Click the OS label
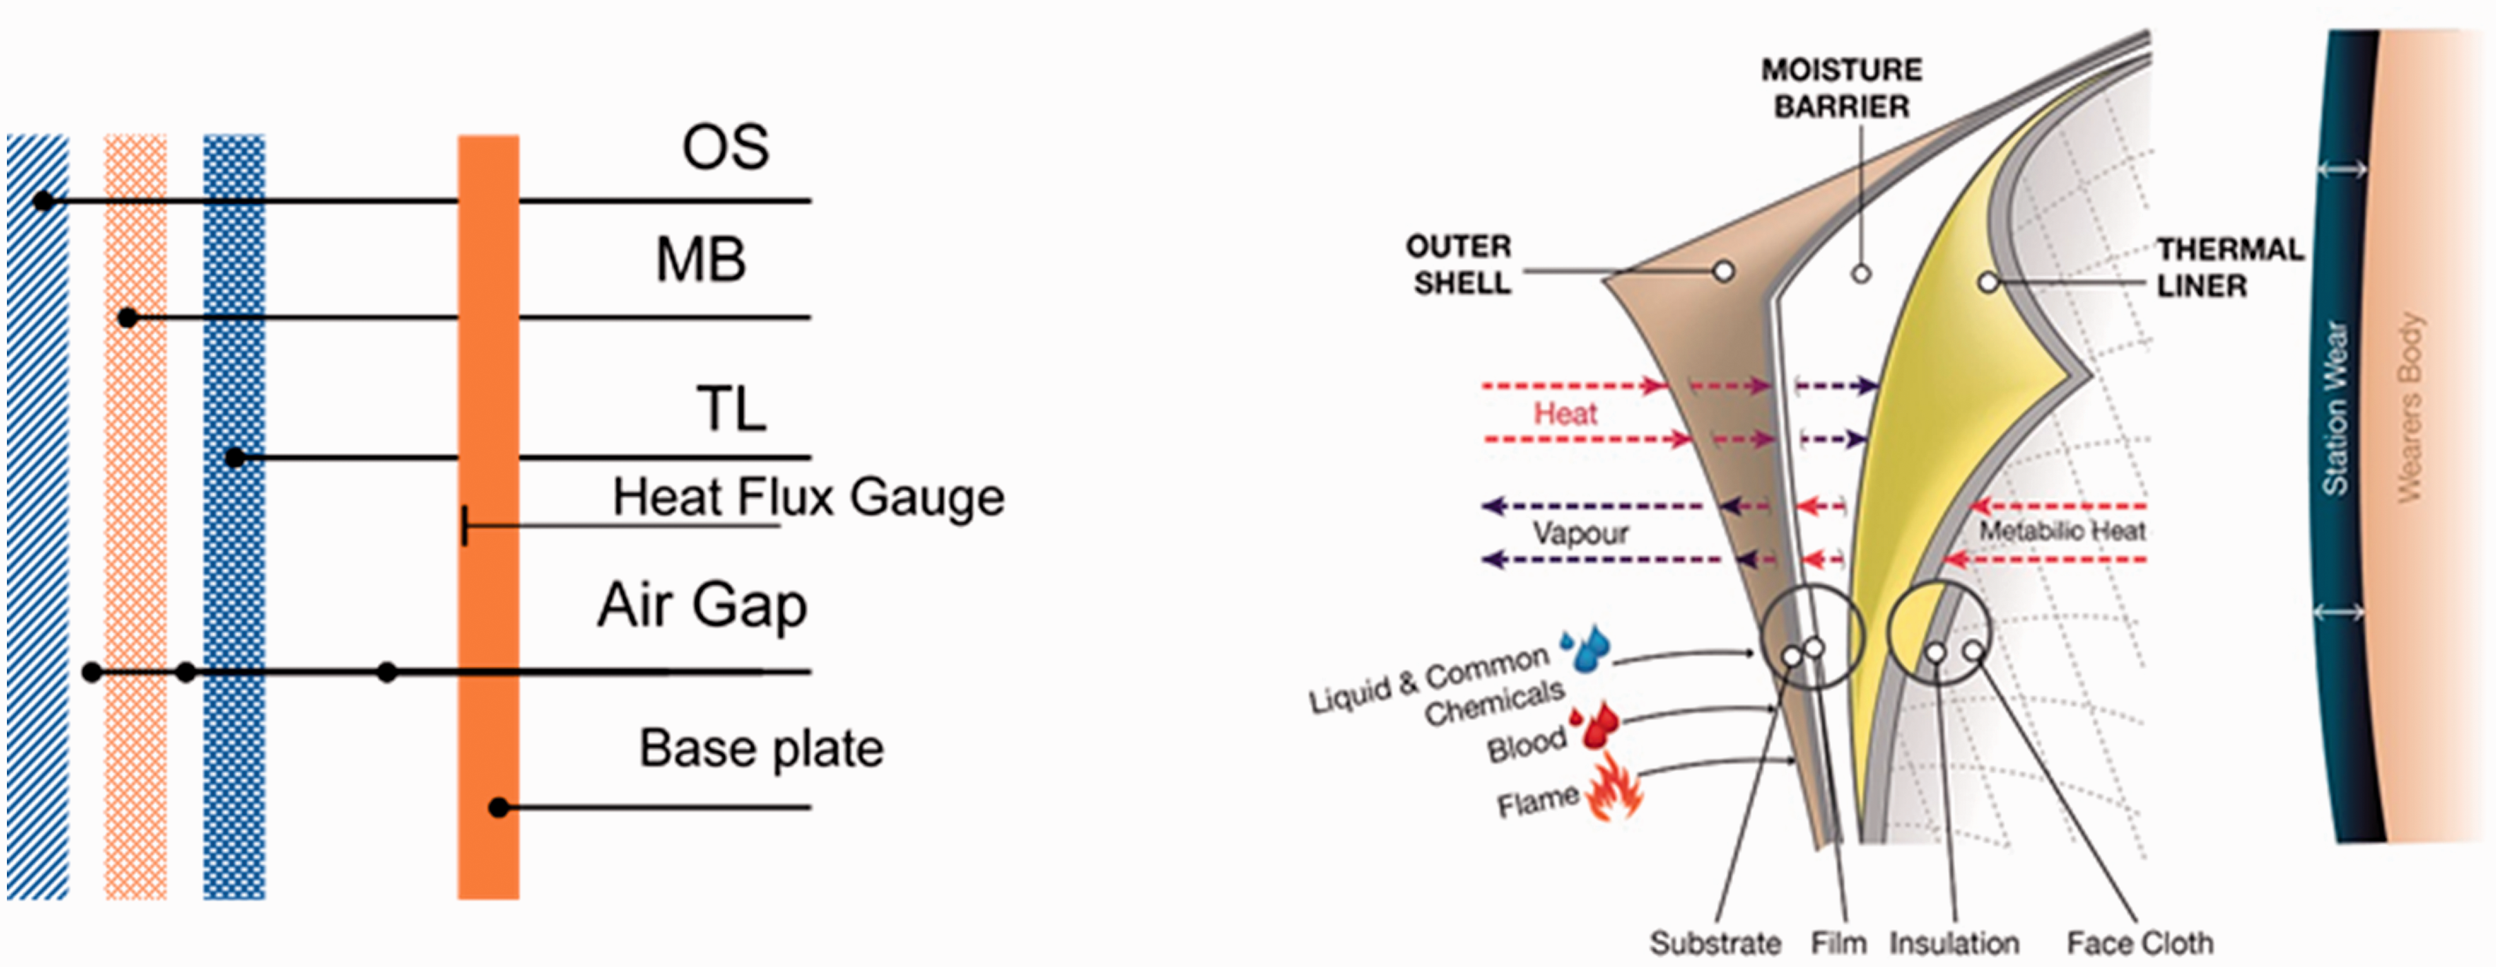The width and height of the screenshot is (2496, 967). [726, 148]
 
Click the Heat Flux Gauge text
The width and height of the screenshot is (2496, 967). [808, 498]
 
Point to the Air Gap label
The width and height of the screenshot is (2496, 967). [702, 606]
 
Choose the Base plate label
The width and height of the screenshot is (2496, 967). [761, 748]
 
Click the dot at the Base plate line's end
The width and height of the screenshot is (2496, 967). [498, 807]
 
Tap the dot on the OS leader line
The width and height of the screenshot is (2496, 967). [43, 201]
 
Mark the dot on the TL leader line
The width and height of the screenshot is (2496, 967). [235, 457]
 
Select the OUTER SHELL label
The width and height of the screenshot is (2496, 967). [1459, 265]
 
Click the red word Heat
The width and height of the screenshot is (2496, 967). [1565, 414]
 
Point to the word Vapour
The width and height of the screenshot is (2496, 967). [1581, 533]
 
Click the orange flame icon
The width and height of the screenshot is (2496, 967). [1614, 787]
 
